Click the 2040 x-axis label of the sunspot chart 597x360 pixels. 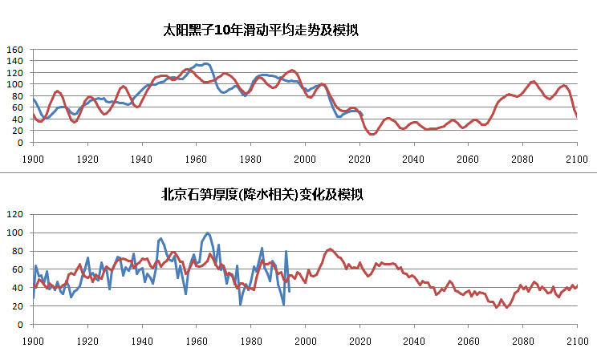click(414, 158)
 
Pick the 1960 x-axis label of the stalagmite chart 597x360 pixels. click(197, 340)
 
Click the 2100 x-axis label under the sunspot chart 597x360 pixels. click(577, 158)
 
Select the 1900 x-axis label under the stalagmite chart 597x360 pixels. click(33, 340)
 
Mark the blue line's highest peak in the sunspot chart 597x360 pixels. click(206, 63)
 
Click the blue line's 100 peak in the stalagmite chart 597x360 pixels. click(209, 233)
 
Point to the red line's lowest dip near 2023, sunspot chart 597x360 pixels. click(372, 134)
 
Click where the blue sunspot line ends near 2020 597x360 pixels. click(362, 115)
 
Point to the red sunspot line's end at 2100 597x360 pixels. click(577, 117)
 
